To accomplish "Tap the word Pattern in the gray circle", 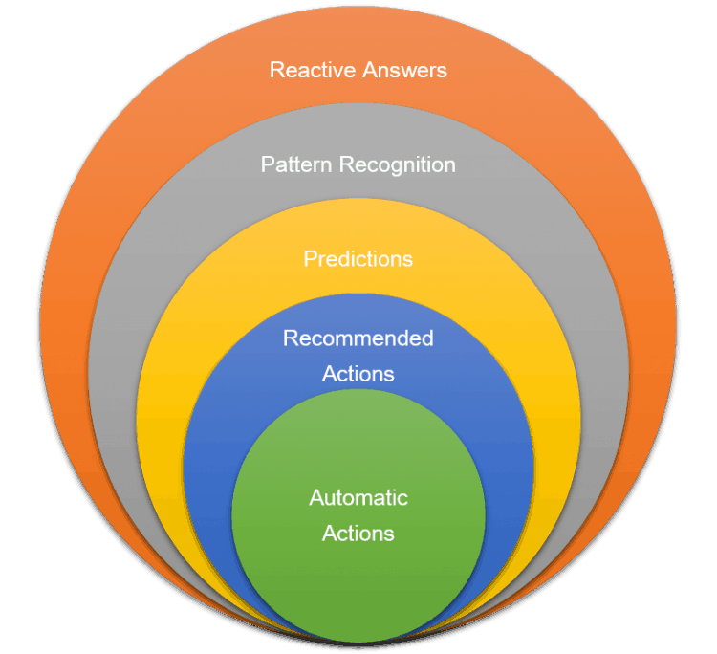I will (293, 164).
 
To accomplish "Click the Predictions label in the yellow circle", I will (358, 259).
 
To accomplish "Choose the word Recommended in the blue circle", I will (358, 338).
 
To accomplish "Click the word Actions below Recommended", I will (358, 374).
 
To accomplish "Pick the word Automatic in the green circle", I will (358, 498).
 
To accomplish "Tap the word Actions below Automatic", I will (358, 534).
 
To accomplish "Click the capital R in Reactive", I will (276, 70).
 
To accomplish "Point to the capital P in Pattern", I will (267, 164).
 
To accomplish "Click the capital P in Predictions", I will (310, 259).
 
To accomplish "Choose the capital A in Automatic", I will (316, 498).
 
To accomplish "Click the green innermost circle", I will (358, 583).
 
